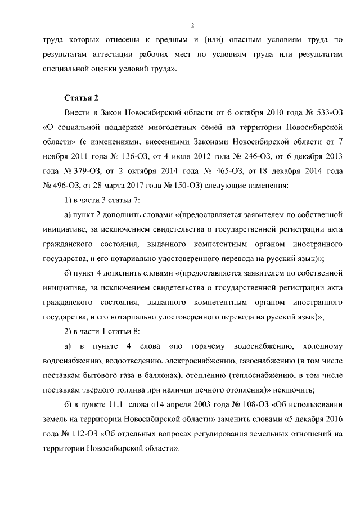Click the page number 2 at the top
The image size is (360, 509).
[192, 25]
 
